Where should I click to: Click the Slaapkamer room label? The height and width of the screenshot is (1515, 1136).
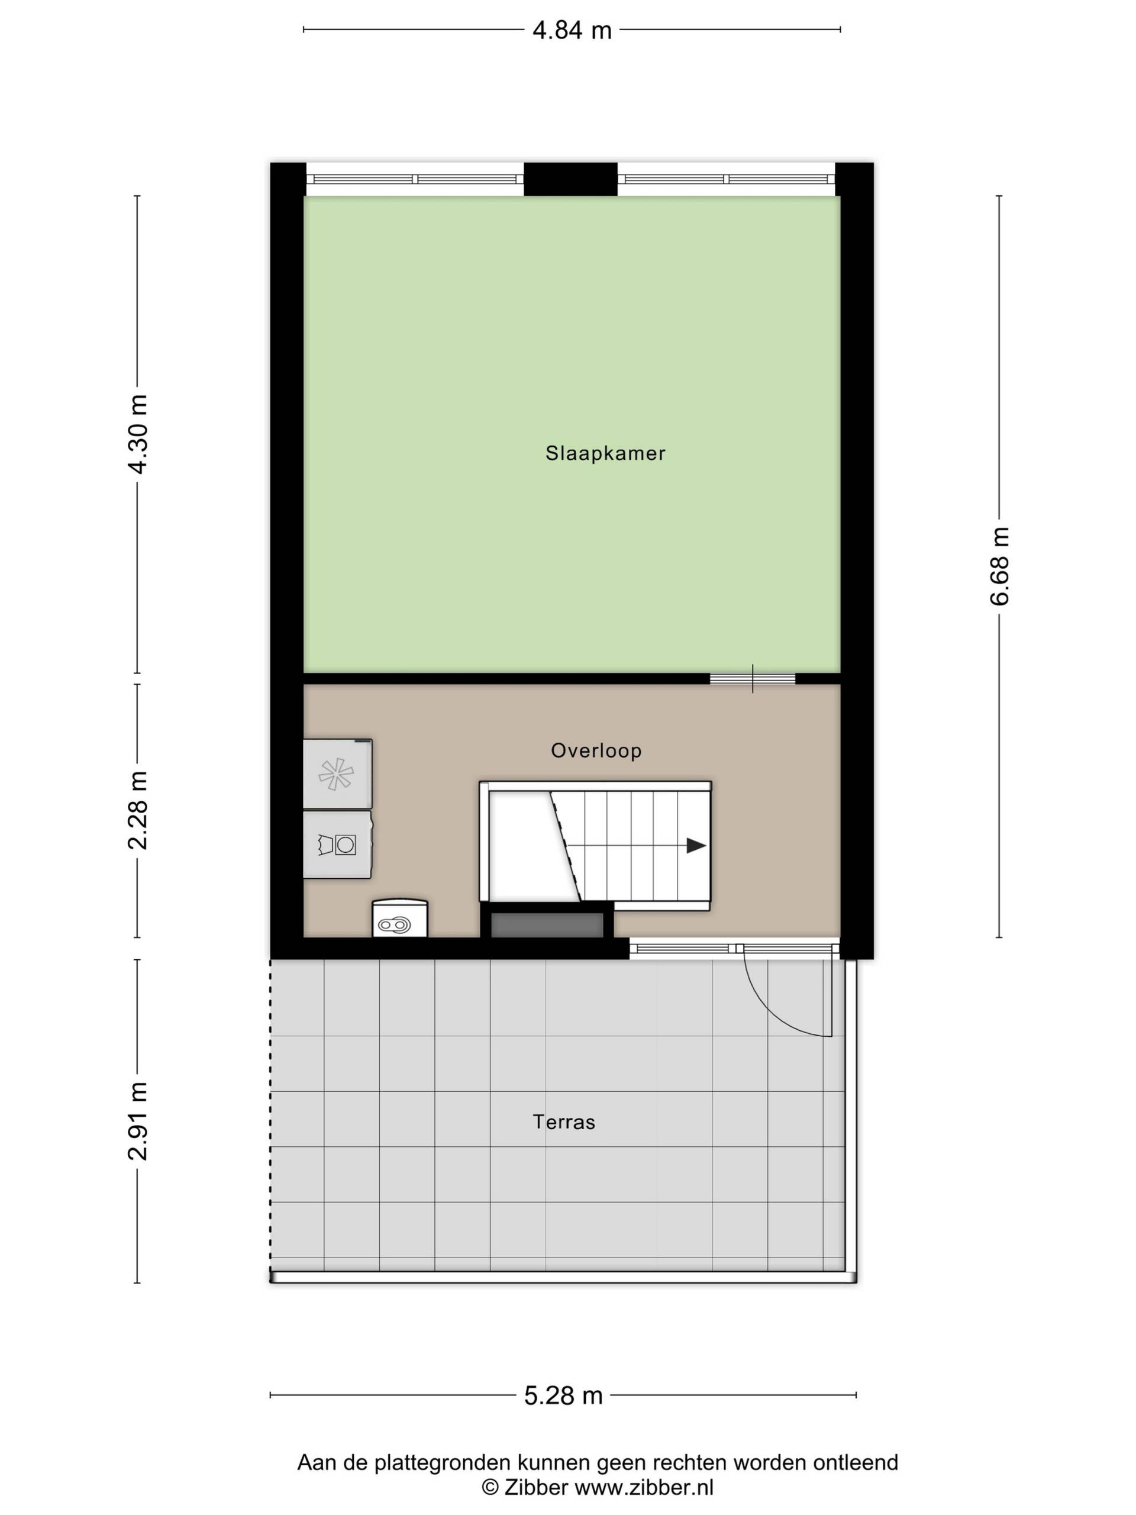tap(605, 453)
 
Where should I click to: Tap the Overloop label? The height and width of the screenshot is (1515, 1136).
tap(596, 750)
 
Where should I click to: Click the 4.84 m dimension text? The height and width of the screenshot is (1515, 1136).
tap(572, 30)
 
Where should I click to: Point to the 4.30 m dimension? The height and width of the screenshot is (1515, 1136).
tap(138, 434)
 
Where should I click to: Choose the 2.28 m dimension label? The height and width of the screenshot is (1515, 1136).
tap(138, 810)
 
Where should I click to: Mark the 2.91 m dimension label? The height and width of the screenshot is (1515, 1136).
tap(138, 1121)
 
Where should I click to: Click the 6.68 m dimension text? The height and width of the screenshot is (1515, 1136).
tap(999, 566)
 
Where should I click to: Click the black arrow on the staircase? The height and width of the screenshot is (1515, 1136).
tap(696, 846)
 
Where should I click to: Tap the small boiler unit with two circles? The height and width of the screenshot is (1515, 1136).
tap(400, 918)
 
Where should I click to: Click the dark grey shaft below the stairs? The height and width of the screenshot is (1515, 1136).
tap(547, 924)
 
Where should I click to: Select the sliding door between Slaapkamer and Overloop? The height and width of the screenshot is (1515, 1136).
tap(752, 679)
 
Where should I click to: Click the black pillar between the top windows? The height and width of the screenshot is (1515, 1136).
tap(570, 179)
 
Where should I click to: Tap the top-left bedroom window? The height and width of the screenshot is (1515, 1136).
tap(414, 179)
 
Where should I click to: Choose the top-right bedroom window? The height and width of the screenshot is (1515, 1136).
tap(727, 179)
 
